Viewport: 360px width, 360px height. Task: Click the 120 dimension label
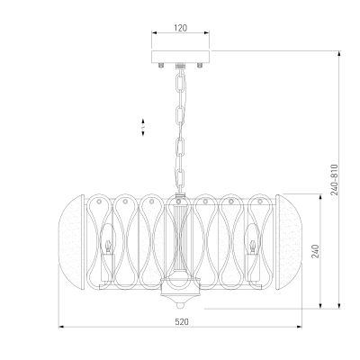(x=180, y=28)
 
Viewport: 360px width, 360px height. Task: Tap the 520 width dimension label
(x=182, y=322)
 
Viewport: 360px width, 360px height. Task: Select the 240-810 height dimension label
(x=334, y=180)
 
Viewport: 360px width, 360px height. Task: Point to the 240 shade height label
(x=315, y=251)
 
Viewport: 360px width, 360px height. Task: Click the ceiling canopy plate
(x=180, y=57)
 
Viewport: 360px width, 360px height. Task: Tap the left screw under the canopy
(x=161, y=65)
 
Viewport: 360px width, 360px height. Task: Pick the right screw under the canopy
(x=200, y=65)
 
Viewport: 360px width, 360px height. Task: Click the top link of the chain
(x=180, y=85)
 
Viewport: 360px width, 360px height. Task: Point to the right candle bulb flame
(x=253, y=247)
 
